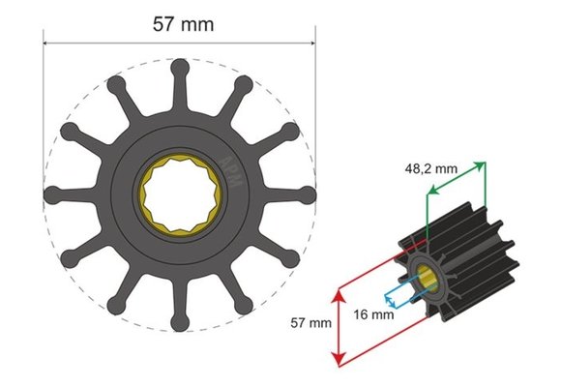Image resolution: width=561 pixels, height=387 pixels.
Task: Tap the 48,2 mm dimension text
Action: pyautogui.click(x=431, y=167)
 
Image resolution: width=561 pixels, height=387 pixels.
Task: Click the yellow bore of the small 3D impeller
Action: pyautogui.click(x=427, y=277)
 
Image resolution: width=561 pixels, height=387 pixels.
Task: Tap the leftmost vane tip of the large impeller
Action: pyautogui.click(x=54, y=192)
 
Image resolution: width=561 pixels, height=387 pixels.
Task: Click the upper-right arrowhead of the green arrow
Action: pyautogui.click(x=481, y=165)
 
